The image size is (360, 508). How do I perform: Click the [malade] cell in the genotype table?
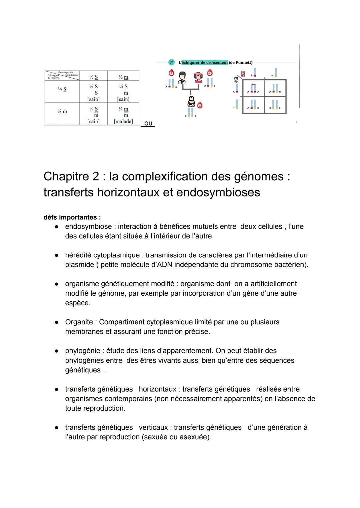[x=123, y=121]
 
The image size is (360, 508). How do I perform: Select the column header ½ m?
[x=123, y=77]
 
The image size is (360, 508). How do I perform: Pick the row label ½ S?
[x=62, y=89]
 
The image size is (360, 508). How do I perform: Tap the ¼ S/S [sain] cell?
[x=93, y=92]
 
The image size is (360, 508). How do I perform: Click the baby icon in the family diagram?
[x=191, y=101]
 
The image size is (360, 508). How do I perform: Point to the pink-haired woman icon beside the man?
[x=198, y=78]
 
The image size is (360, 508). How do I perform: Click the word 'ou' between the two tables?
[x=148, y=123]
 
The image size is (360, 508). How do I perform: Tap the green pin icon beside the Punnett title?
[x=171, y=62]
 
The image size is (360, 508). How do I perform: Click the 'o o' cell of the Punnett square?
[x=275, y=105]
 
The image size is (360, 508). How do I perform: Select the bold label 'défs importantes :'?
[x=72, y=217]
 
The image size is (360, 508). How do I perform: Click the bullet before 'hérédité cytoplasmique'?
[x=57, y=255]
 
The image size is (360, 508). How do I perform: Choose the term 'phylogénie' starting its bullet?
[x=83, y=351]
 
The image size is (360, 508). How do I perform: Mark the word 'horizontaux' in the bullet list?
[x=158, y=389]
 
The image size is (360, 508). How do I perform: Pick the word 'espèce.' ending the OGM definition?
[x=78, y=303]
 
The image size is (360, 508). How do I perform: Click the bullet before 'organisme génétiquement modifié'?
[x=57, y=284]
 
